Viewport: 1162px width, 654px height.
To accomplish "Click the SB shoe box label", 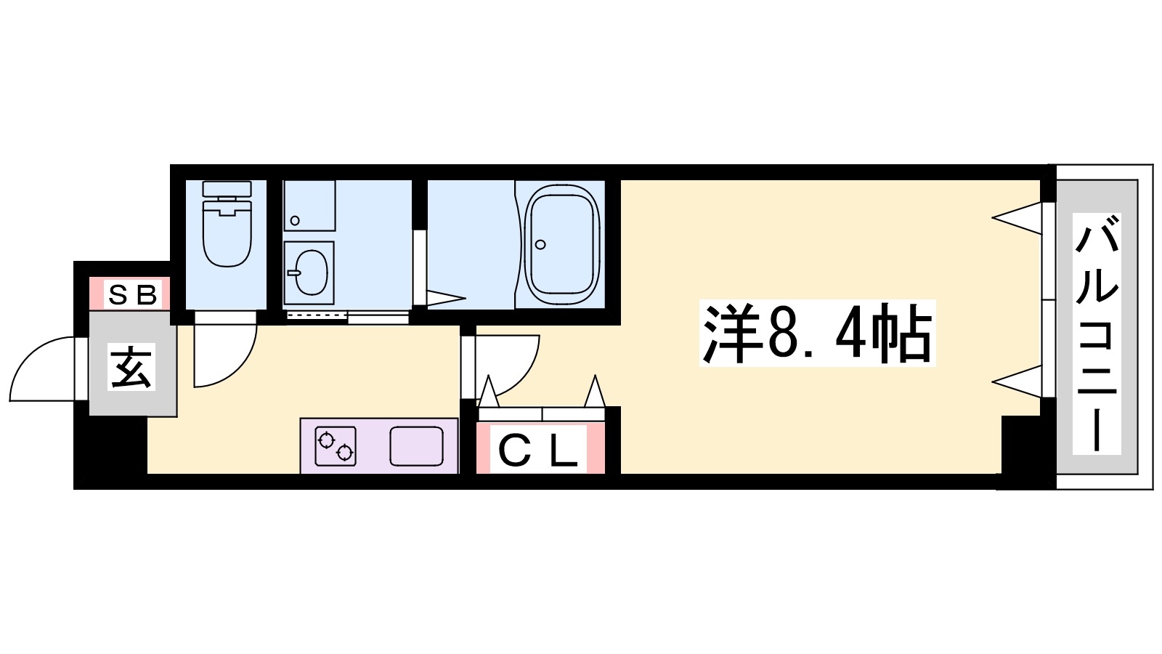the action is (x=132, y=295).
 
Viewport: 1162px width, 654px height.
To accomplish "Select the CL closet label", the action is (x=538, y=451).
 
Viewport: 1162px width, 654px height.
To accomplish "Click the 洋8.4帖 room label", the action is (x=817, y=333).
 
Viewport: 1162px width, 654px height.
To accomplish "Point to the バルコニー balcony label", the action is (x=1097, y=334).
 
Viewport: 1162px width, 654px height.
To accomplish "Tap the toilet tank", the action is (x=227, y=188).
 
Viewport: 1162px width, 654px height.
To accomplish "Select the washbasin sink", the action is (x=309, y=272).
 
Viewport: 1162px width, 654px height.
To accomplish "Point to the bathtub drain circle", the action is (x=540, y=244).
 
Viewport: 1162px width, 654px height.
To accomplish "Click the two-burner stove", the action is (x=336, y=446).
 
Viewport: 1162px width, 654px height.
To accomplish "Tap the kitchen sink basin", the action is (x=417, y=446).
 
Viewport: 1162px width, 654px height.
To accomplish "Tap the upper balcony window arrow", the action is (x=1017, y=218).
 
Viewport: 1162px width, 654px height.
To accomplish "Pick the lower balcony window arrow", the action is (x=1017, y=381).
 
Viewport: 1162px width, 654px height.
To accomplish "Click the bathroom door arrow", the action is (x=446, y=299).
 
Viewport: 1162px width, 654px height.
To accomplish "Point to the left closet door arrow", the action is (x=488, y=392).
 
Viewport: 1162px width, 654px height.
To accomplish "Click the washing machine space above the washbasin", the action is (x=309, y=206).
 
